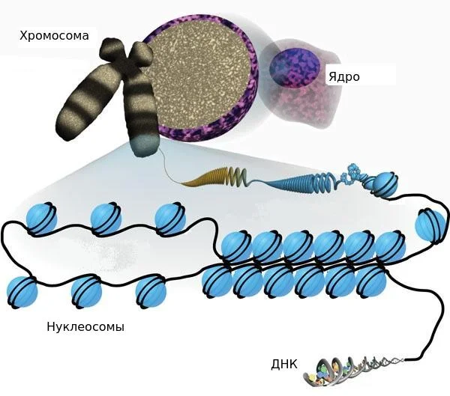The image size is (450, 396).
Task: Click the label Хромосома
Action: (x=54, y=36)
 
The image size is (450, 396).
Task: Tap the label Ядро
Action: (x=344, y=77)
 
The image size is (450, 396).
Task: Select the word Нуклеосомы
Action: (x=85, y=326)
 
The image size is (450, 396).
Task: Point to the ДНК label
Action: (x=284, y=365)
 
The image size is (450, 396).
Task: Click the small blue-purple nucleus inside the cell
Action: (x=295, y=67)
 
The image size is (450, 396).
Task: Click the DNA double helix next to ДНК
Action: (x=353, y=371)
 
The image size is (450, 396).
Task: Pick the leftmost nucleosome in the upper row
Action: (x=41, y=219)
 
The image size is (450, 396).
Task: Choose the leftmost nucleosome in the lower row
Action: (x=22, y=292)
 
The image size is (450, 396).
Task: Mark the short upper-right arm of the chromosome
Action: (x=142, y=54)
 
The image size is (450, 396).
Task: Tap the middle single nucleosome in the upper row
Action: (x=106, y=219)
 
